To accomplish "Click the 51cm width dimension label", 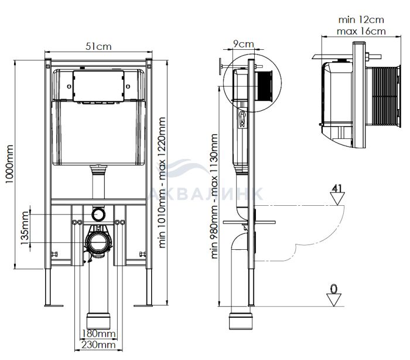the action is (x=98, y=46).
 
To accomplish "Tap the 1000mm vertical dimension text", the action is (x=9, y=164).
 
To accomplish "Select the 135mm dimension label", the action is (x=25, y=228).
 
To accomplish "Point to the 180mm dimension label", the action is (x=98, y=334).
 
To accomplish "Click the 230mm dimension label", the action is (x=98, y=345).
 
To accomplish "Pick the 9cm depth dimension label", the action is (x=244, y=44).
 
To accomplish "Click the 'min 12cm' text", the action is (x=361, y=19).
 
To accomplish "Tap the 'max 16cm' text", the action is (x=361, y=31).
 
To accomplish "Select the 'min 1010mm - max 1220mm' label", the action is (x=162, y=182).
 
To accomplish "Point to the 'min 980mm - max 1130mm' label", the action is (x=214, y=196).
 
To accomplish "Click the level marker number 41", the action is (x=337, y=188).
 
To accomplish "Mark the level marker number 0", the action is (x=334, y=289).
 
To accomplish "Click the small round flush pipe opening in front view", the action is (x=98, y=213).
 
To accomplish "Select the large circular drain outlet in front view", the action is (x=98, y=242).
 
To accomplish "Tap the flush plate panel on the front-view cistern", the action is (x=98, y=86).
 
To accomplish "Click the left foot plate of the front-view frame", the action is (x=54, y=305).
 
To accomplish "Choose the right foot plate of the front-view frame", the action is (x=143, y=305).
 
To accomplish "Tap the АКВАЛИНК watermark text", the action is (x=206, y=193).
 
